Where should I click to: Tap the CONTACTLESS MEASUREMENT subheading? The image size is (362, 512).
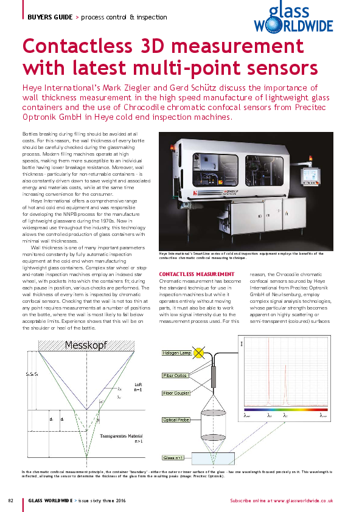[x=196, y=274]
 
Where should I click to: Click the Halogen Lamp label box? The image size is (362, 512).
[x=176, y=353]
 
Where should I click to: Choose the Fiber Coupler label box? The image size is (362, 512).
[x=176, y=393]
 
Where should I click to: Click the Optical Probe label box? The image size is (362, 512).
[x=175, y=420]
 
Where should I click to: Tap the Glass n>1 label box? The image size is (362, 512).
[x=173, y=457]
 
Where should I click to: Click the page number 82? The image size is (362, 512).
[x=10, y=500]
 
